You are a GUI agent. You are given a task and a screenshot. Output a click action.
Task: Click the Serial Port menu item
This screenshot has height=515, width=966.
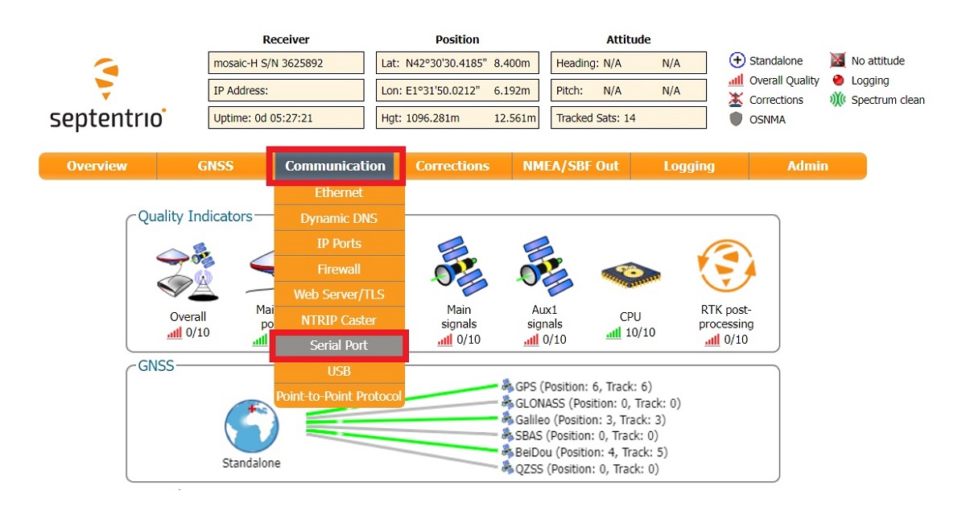[x=339, y=345]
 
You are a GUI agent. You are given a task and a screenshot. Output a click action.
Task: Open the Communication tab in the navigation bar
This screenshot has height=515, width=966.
[x=335, y=166]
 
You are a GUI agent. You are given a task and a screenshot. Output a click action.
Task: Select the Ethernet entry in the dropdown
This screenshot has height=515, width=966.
[x=339, y=192]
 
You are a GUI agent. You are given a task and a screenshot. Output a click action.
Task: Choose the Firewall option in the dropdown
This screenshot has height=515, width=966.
[x=339, y=269]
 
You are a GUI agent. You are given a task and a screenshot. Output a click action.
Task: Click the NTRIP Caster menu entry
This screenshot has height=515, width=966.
[x=339, y=319]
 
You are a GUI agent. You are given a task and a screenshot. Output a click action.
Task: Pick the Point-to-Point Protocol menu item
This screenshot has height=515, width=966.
[x=339, y=396]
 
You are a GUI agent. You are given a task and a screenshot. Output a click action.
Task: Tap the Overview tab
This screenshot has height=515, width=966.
[x=97, y=166]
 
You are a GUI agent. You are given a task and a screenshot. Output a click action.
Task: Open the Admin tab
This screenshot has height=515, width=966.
[x=807, y=166]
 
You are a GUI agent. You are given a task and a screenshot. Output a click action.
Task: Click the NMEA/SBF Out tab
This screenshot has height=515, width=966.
[x=571, y=166]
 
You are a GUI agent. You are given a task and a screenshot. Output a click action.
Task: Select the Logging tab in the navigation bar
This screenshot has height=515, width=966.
[x=689, y=166]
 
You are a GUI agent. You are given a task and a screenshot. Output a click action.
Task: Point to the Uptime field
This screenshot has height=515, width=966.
[x=286, y=117]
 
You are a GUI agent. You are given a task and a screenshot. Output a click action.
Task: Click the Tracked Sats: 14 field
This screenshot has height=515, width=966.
[x=629, y=117]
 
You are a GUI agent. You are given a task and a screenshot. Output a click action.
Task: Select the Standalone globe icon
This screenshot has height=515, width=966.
[x=251, y=426]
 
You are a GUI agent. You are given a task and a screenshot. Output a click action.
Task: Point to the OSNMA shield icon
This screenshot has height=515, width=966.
[x=735, y=119]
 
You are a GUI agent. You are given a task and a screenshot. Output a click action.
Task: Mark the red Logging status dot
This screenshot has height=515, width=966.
[x=838, y=80]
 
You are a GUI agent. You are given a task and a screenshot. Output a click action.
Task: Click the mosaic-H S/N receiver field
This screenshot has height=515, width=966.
[x=286, y=63]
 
